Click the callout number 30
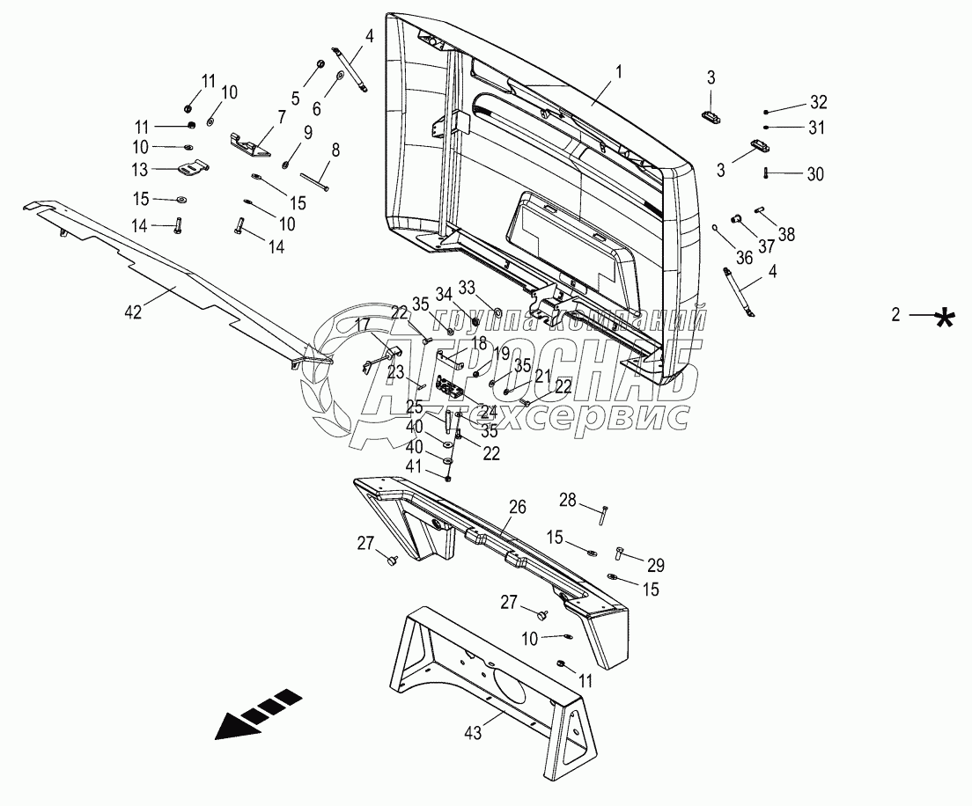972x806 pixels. pos(816,175)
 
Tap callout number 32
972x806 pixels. pos(819,100)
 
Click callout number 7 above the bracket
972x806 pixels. pos(282,116)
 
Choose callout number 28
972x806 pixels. pos(568,501)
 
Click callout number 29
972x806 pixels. pos(656,566)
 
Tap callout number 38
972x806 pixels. pos(786,235)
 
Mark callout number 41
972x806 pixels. pos(414,465)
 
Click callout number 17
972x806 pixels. pos(363,326)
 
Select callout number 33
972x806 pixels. pos(467,287)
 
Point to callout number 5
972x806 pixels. pos(296,98)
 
